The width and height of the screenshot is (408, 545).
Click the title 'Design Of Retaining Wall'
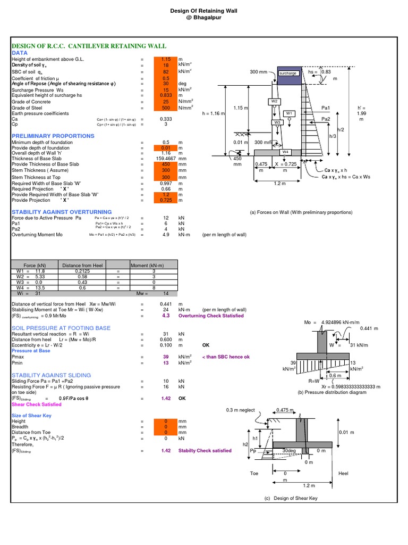coord(204,10)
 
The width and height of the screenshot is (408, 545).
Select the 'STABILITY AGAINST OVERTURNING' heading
coord(62,212)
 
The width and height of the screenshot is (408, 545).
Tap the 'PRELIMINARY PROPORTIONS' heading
coord(53,136)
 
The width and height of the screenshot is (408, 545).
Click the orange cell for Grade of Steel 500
coord(166,108)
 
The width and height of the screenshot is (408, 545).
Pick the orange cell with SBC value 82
coord(166,72)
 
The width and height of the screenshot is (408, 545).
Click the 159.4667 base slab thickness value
coord(165,158)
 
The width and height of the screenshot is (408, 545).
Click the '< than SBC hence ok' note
coord(225,357)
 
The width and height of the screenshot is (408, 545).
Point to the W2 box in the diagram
coord(274,101)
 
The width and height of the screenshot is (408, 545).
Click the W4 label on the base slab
coord(285,152)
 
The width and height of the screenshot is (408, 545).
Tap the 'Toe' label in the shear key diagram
coord(254,473)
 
